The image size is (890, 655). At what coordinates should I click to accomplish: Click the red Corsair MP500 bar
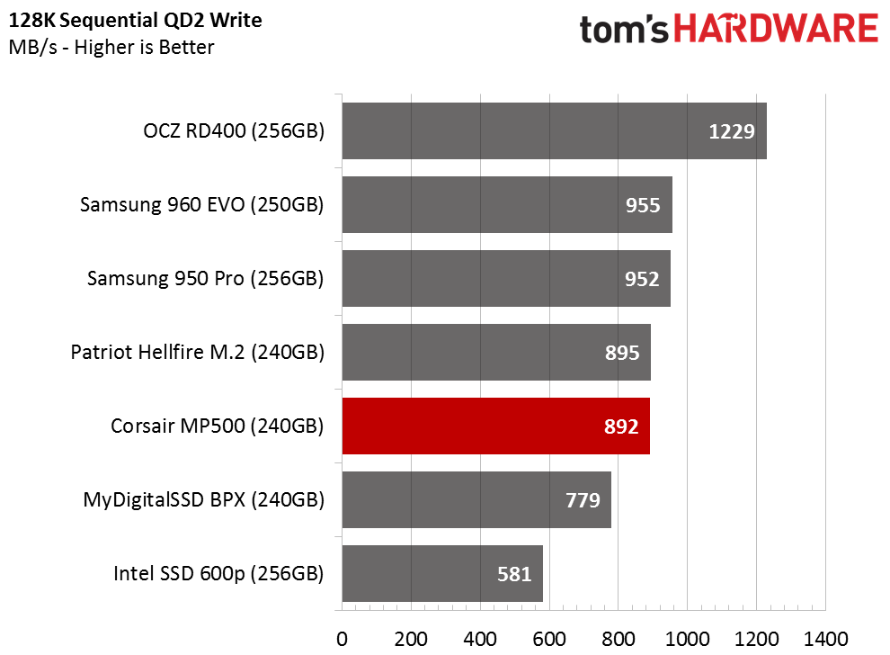[x=495, y=426]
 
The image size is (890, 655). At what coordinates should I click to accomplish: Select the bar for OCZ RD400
[x=554, y=130]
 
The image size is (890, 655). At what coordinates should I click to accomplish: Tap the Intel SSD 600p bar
[x=442, y=573]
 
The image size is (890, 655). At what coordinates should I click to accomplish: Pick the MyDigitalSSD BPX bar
[x=476, y=500]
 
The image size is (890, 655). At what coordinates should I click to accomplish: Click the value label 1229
[x=731, y=131]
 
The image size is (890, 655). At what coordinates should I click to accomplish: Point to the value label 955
[x=643, y=205]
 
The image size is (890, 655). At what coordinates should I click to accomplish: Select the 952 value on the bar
[x=641, y=279]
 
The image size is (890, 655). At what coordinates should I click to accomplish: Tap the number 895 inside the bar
[x=621, y=353]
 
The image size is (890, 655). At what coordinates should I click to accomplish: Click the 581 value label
[x=513, y=574]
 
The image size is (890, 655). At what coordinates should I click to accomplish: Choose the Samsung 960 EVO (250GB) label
[x=201, y=204]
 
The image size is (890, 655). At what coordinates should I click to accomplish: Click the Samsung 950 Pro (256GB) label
[x=205, y=278]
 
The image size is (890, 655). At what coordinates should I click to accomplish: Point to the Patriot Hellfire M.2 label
[x=198, y=352]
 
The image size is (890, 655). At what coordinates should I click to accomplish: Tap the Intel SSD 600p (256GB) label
[x=218, y=573]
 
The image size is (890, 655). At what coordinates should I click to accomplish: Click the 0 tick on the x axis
[x=342, y=639]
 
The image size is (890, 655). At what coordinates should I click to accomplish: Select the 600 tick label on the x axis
[x=549, y=639]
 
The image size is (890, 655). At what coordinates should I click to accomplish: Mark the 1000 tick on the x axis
[x=687, y=639]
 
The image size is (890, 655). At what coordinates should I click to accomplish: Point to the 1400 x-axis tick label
[x=825, y=639]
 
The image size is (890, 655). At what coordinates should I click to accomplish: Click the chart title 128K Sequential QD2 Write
[x=135, y=21]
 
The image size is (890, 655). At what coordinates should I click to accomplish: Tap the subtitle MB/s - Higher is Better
[x=111, y=47]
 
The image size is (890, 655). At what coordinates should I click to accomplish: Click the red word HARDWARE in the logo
[x=776, y=29]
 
